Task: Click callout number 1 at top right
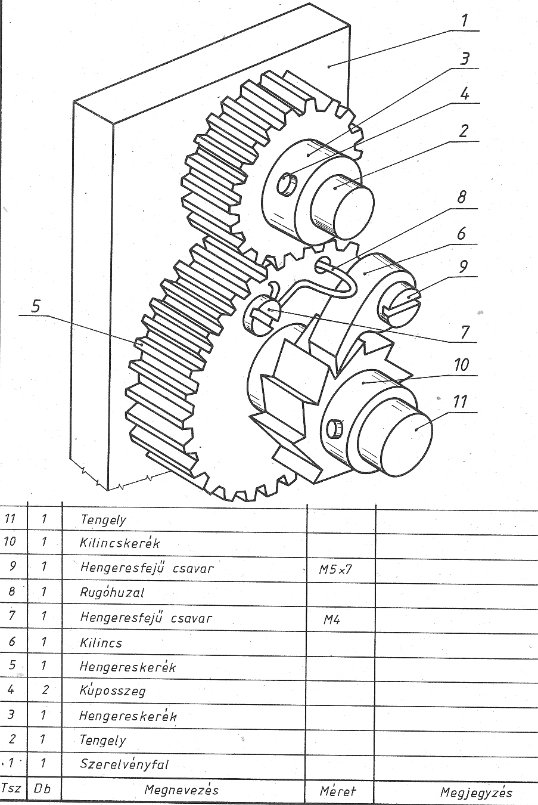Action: [x=464, y=20]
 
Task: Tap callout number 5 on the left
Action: [x=36, y=306]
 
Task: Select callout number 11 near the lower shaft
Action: [x=460, y=402]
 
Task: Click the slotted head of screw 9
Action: [x=399, y=301]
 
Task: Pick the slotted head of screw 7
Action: [x=262, y=312]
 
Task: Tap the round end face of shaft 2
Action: [x=353, y=213]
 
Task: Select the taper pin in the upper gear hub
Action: [x=288, y=184]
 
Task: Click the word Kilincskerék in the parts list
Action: [x=120, y=543]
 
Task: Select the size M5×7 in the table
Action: [x=335, y=569]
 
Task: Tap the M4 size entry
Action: [x=331, y=620]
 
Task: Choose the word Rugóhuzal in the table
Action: [x=112, y=592]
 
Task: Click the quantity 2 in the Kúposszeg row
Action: [x=45, y=690]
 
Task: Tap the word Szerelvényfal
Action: [x=124, y=764]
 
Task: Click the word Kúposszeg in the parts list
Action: [x=113, y=691]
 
